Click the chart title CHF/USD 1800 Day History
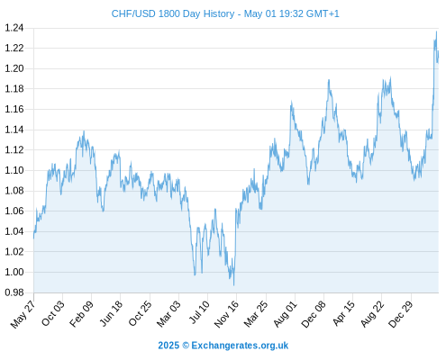(173, 14)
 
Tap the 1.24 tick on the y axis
(14, 28)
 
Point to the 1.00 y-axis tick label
(14, 272)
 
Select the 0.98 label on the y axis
(14, 292)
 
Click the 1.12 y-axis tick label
(14, 150)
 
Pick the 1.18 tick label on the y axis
(14, 89)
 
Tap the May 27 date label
(23, 314)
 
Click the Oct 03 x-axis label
(53, 313)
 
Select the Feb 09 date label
(81, 314)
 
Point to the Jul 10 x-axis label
(199, 312)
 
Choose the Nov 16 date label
(226, 314)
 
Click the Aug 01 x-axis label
(286, 314)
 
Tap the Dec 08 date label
(314, 314)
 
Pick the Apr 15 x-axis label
(344, 313)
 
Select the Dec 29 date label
(401, 314)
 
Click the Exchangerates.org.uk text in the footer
(240, 346)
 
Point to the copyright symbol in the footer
(186, 346)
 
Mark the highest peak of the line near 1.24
(436, 31)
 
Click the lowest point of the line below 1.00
(233, 285)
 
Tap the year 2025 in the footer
(168, 346)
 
